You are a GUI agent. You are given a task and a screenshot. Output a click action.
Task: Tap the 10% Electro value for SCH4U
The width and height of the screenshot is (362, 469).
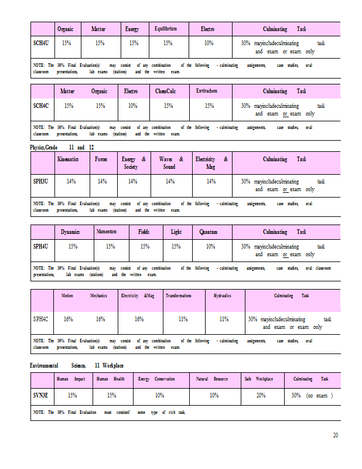click(x=209, y=43)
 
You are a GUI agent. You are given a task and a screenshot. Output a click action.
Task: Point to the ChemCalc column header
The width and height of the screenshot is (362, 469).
click(x=168, y=91)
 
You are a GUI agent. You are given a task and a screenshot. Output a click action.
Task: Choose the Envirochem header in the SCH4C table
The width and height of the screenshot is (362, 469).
click(x=207, y=91)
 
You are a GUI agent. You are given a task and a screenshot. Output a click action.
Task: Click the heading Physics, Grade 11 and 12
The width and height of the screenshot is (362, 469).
click(x=62, y=147)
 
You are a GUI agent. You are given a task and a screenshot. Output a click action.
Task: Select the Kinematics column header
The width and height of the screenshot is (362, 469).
click(x=69, y=159)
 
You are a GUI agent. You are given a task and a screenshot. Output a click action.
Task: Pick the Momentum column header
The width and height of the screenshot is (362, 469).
click(x=107, y=232)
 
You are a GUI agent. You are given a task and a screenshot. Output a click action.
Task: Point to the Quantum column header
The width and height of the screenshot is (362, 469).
click(x=209, y=232)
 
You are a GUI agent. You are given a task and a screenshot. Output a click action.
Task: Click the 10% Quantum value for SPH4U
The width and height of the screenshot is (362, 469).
click(x=210, y=247)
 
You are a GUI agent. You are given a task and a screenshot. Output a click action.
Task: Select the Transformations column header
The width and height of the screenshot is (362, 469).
click(x=178, y=296)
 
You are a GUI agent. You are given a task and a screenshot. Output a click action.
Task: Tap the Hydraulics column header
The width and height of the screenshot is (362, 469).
click(x=222, y=296)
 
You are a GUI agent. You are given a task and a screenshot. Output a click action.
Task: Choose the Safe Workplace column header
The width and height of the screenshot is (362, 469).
click(x=258, y=379)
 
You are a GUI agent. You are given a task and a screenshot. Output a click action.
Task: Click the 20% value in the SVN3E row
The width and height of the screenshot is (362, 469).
click(x=261, y=396)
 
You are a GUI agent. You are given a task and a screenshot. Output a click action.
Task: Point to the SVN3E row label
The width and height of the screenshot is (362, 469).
click(x=41, y=396)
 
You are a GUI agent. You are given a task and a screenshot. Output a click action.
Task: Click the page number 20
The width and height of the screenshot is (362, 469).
click(x=336, y=435)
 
